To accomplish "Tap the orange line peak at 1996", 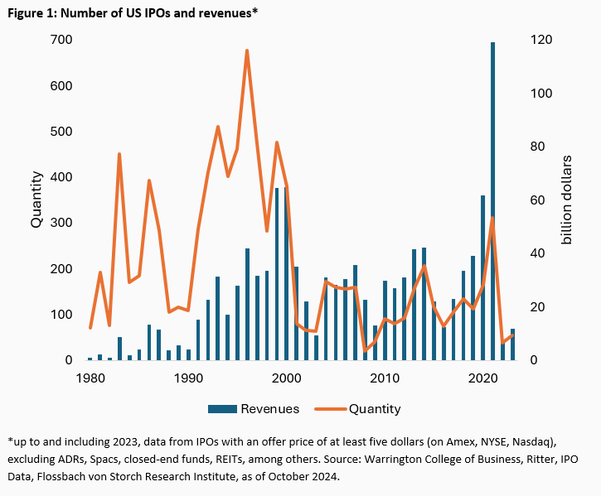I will click(x=247, y=51).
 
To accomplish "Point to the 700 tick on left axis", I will click(x=61, y=40).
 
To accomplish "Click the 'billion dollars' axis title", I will click(x=568, y=200).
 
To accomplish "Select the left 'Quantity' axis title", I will click(x=36, y=200).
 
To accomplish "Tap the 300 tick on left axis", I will click(x=61, y=223).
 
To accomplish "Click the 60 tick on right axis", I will click(x=527, y=200).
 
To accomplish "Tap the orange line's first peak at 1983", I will click(x=119, y=155).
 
